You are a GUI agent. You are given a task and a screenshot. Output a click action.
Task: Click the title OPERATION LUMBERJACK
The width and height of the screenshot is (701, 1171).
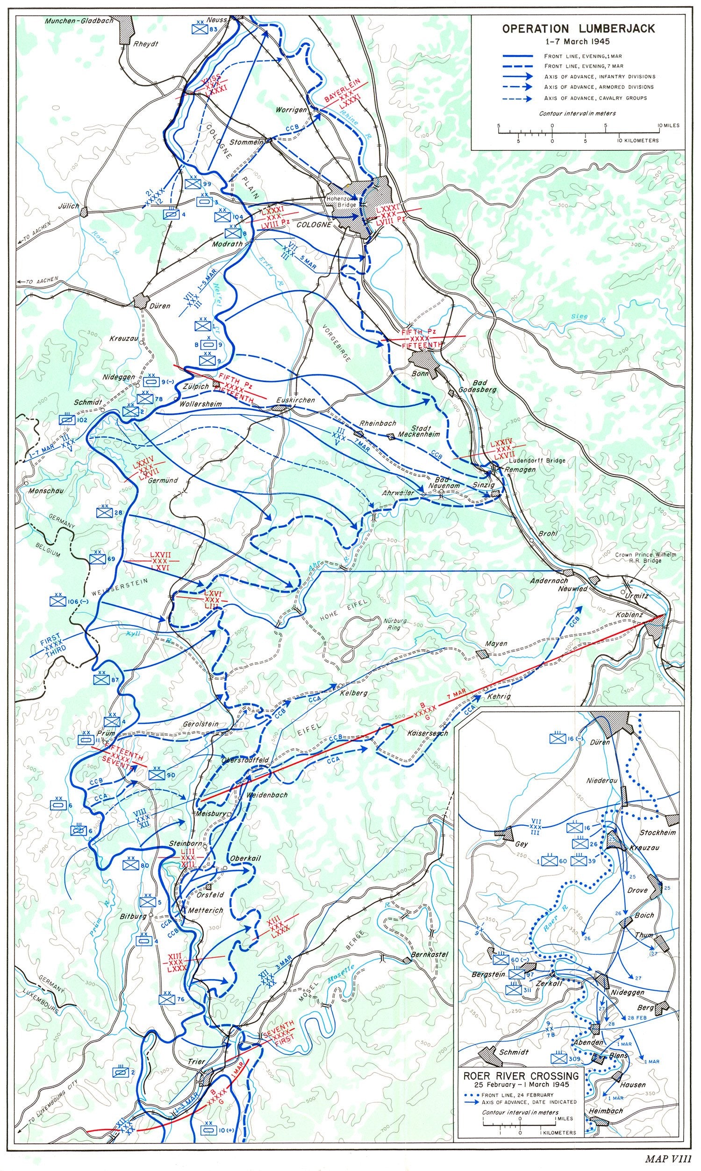coord(578,29)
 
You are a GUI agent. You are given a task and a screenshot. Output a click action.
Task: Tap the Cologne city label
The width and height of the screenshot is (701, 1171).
coord(314,225)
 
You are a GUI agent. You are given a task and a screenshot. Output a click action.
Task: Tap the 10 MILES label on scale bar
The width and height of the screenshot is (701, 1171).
coord(668,126)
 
